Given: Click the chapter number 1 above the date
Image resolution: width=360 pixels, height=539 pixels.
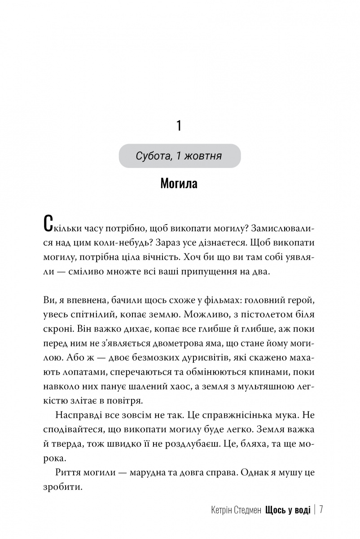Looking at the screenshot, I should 179,126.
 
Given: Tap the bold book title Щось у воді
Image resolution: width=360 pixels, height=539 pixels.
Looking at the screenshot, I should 288,511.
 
